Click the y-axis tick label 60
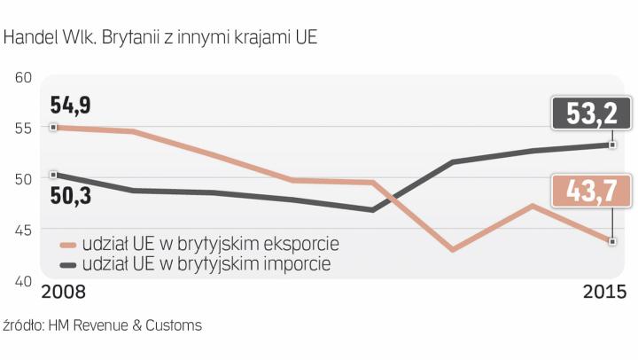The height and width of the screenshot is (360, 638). click(23, 77)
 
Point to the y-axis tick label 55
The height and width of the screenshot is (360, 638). click(23, 128)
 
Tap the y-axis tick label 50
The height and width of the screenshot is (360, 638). click(23, 178)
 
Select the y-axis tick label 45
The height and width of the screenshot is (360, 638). click(23, 230)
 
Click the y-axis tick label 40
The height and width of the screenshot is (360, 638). click(23, 280)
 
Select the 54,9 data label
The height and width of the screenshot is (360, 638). click(72, 107)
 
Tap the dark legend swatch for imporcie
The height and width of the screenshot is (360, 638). click(67, 264)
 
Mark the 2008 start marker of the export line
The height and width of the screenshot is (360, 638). click(54, 128)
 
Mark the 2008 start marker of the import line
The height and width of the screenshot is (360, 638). click(54, 175)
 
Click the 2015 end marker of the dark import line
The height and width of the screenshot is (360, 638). click(612, 145)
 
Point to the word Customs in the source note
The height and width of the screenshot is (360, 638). click(178, 325)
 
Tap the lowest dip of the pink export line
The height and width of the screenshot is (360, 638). click(453, 250)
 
